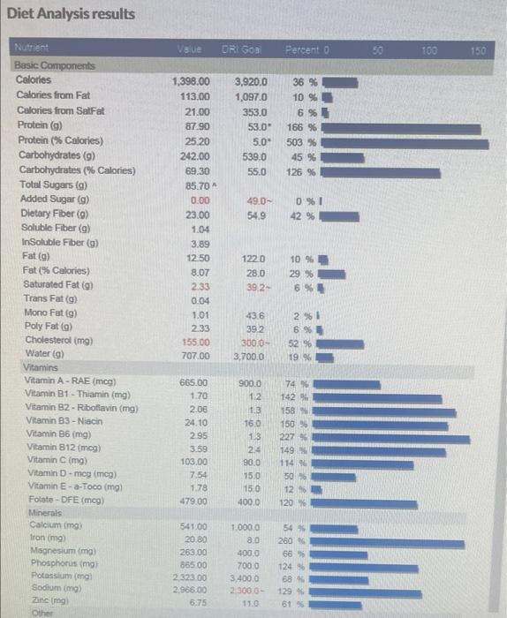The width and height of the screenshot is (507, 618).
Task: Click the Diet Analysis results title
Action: pos(72,14)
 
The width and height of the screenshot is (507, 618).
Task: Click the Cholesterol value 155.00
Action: pos(193,343)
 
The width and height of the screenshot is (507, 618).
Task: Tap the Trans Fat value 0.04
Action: pos(201,299)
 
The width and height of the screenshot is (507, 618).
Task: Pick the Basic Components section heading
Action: pos(55,66)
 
